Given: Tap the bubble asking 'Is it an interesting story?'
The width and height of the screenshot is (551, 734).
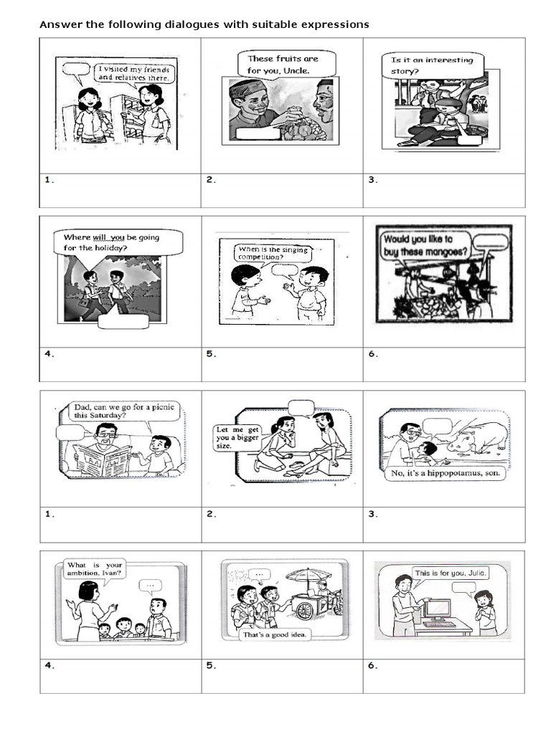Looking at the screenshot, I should click(433, 66).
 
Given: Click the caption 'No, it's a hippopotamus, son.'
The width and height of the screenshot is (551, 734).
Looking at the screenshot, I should click(446, 473).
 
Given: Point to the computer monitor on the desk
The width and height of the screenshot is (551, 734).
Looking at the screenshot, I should click(438, 610).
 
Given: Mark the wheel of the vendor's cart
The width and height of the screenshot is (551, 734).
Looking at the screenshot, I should click(304, 609).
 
